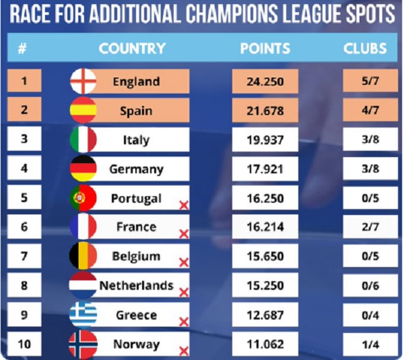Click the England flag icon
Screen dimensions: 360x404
(x=83, y=82)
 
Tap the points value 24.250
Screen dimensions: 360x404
(x=265, y=82)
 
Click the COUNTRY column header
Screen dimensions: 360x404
(x=132, y=49)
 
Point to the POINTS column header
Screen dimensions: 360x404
(x=265, y=49)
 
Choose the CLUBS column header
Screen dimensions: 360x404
(x=365, y=49)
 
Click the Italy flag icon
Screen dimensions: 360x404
(x=83, y=140)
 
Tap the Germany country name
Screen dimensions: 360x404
(x=136, y=169)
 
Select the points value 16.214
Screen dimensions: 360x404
(x=265, y=227)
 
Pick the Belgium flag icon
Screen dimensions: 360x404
(x=83, y=256)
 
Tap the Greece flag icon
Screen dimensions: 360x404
(x=83, y=315)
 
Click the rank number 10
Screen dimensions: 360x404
(x=24, y=344)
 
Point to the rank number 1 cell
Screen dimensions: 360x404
(x=24, y=82)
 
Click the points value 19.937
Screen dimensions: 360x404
(x=265, y=140)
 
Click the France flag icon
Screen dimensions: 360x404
(x=83, y=227)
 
